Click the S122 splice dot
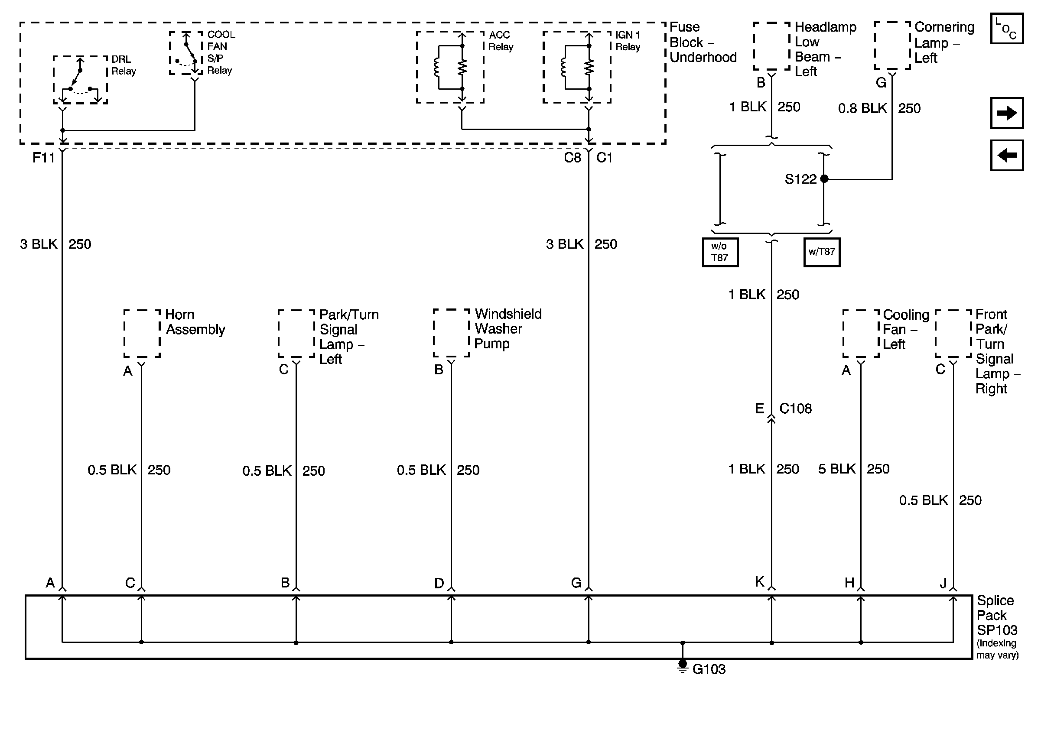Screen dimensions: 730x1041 tap(824, 179)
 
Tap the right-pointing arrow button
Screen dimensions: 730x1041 tap(1006, 113)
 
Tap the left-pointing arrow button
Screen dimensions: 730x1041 tap(1006, 156)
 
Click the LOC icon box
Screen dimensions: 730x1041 tap(1006, 29)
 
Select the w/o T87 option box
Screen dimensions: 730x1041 tap(720, 253)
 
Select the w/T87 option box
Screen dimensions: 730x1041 tap(822, 253)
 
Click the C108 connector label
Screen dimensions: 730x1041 tap(795, 409)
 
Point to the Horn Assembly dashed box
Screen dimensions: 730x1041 tap(142, 334)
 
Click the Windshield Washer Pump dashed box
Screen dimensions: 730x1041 tap(451, 333)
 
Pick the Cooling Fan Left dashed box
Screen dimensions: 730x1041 tap(861, 334)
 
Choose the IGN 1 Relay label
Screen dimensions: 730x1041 tap(628, 41)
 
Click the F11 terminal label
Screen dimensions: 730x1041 tap(43, 158)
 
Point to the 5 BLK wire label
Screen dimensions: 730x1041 tap(836, 469)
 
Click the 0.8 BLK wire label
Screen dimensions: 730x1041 tap(862, 109)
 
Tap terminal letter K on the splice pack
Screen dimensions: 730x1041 tap(759, 582)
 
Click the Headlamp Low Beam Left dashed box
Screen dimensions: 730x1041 tap(772, 46)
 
